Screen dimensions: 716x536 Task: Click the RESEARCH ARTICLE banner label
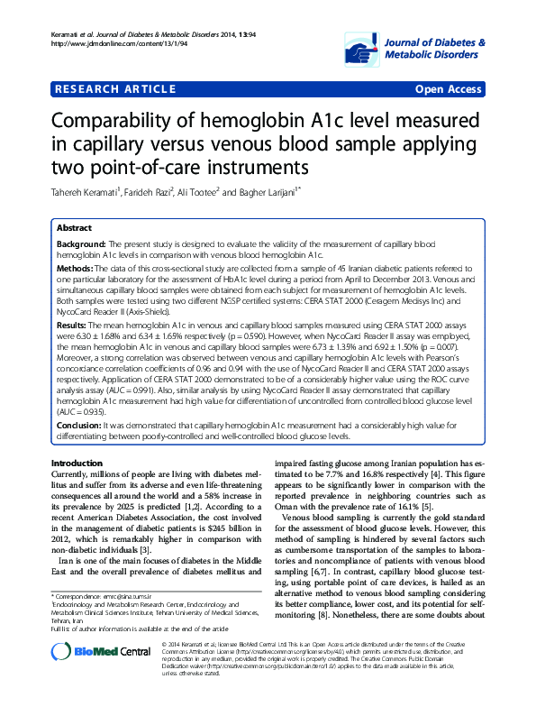coord(115,89)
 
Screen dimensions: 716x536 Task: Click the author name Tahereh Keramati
coord(85,192)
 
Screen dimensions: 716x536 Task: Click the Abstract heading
coord(76,229)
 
